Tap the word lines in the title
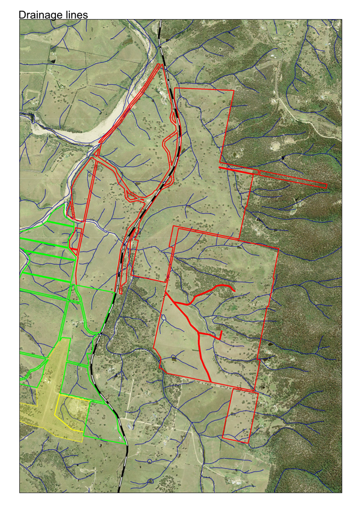(x=76, y=15)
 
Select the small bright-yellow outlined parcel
(x=72, y=413)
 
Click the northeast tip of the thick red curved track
(x=233, y=289)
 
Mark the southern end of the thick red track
(x=210, y=381)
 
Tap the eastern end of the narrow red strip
(x=326, y=186)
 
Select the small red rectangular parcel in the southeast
(x=240, y=415)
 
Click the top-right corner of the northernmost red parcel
(x=234, y=91)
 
